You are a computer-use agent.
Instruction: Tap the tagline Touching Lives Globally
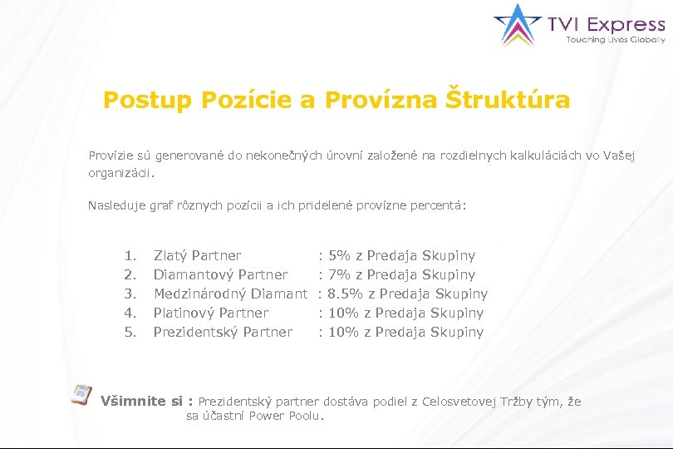point(615,39)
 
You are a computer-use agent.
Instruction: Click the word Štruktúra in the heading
point(508,101)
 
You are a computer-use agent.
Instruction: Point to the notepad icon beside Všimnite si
point(81,395)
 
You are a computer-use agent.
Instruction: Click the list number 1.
point(129,255)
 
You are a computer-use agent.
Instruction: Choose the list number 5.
point(129,332)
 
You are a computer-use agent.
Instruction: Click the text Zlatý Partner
point(198,255)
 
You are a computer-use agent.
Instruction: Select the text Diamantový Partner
point(221,274)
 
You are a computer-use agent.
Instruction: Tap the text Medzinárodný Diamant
point(230,294)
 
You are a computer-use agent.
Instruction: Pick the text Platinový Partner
point(211,313)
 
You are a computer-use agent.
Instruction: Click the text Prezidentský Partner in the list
point(224,332)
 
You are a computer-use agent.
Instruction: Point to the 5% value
point(340,255)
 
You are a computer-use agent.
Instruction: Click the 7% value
point(340,274)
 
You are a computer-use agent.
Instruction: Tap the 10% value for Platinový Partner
point(344,313)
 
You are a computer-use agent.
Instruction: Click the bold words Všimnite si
point(140,402)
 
